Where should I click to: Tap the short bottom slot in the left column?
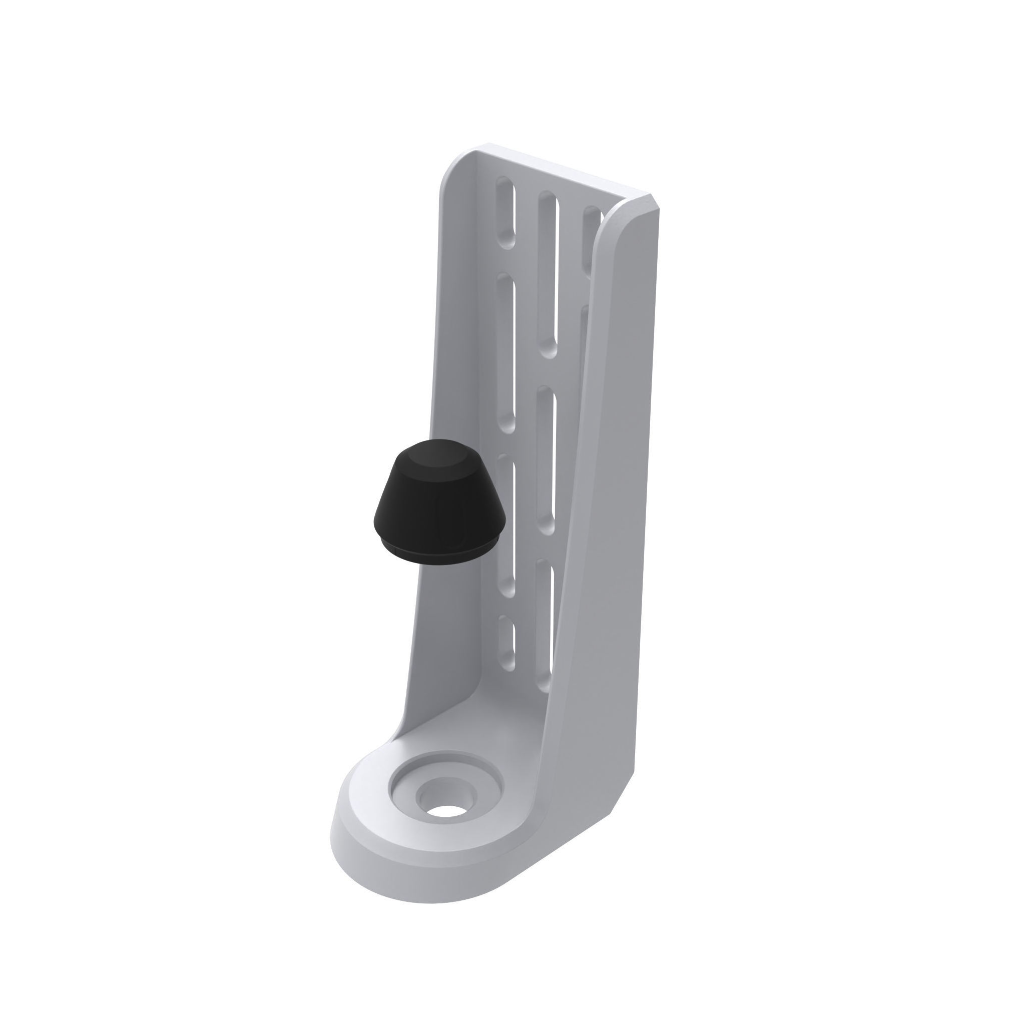[506, 642]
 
